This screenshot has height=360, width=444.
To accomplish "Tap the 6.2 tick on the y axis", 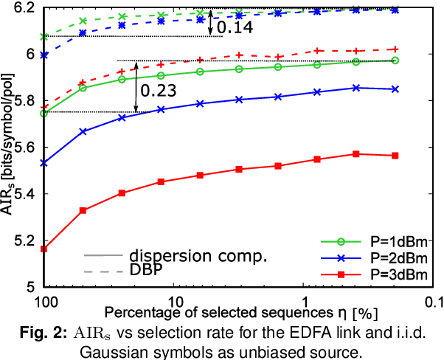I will coord(24,7).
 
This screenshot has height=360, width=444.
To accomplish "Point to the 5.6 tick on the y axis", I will coord(24,147).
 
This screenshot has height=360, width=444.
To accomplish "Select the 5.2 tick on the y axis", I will coord(24,240).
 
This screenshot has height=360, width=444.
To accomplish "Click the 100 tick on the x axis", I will coord(45,302).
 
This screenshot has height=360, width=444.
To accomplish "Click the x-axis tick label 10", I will coord(176,302).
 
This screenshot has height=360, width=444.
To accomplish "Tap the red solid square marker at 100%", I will coord(44,249).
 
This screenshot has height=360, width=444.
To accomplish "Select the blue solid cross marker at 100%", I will coord(44,162).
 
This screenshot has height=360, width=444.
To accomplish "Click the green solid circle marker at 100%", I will coord(44,113).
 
